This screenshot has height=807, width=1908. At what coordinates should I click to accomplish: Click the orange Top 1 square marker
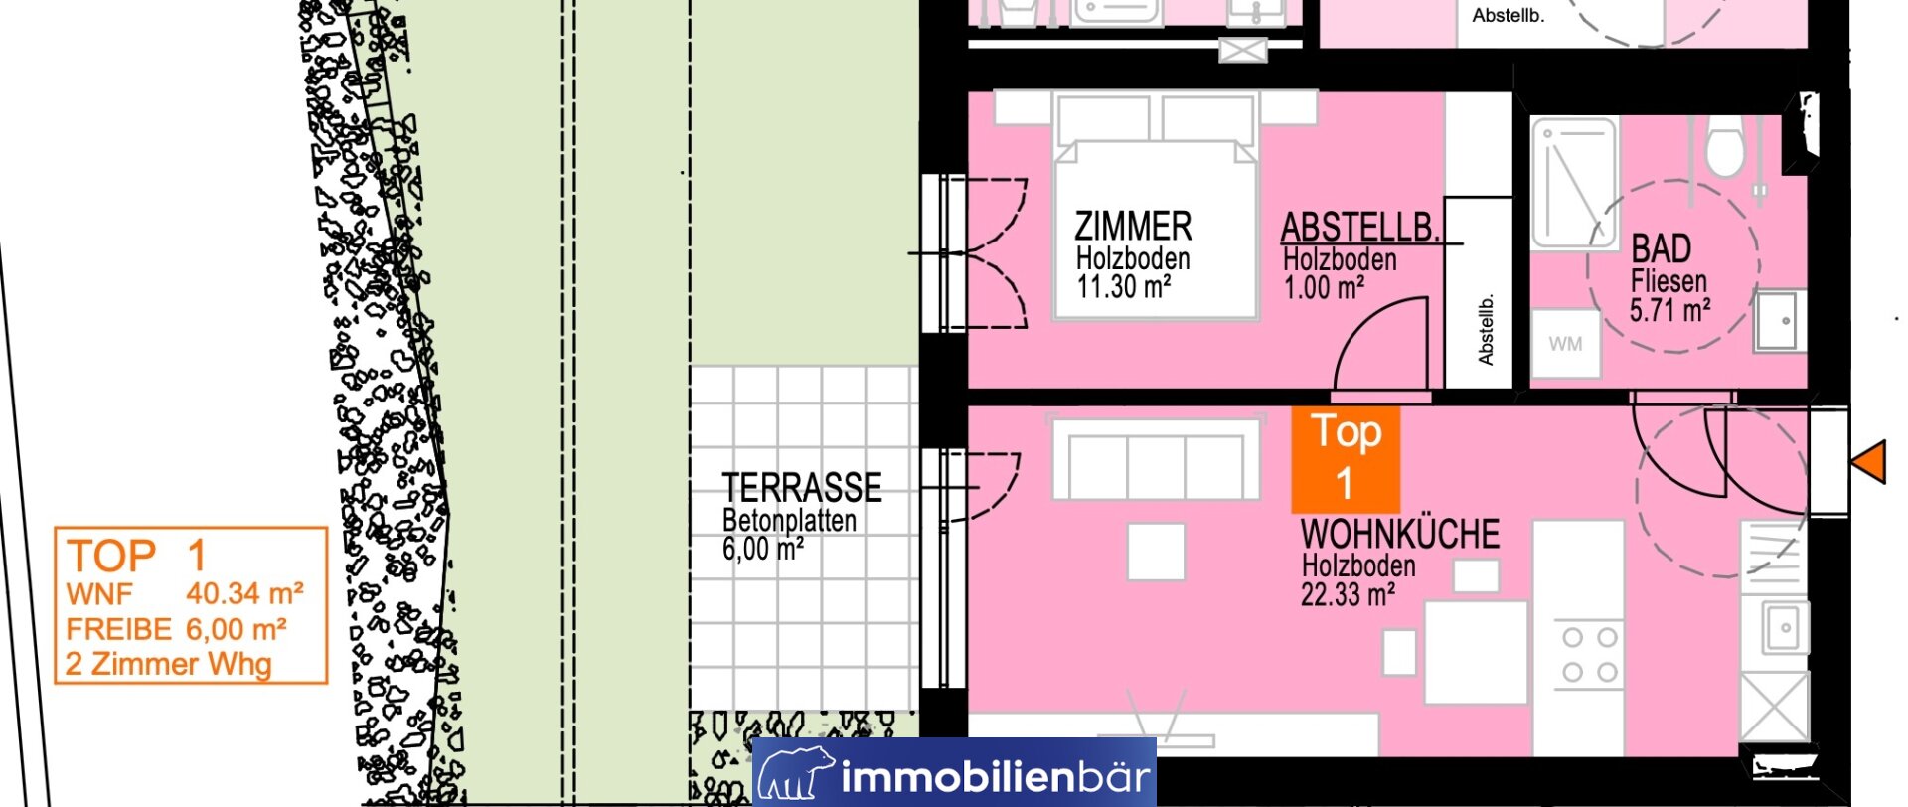(1346, 459)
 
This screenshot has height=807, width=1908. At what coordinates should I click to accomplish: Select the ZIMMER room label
(1133, 226)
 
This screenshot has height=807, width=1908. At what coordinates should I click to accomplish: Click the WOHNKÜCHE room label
(1400, 534)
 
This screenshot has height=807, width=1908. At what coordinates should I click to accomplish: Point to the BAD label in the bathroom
(1662, 248)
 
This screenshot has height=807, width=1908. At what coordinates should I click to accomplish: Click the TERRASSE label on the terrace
(802, 487)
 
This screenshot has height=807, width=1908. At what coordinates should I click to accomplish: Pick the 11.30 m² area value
(1124, 287)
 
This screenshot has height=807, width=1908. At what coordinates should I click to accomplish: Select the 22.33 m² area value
(1349, 594)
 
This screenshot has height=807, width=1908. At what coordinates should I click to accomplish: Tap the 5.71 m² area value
(1670, 310)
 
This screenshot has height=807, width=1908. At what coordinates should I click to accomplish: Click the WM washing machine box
(1565, 344)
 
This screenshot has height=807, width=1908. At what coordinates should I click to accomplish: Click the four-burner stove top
(1589, 654)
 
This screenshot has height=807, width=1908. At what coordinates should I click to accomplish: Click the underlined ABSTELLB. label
(1360, 228)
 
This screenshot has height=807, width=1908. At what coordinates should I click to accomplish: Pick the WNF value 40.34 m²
(244, 593)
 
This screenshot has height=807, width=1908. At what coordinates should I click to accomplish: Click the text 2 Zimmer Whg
(168, 664)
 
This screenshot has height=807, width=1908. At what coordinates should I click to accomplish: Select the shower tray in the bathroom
(1573, 183)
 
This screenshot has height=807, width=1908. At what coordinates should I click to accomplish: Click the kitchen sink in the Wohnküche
(1785, 627)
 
